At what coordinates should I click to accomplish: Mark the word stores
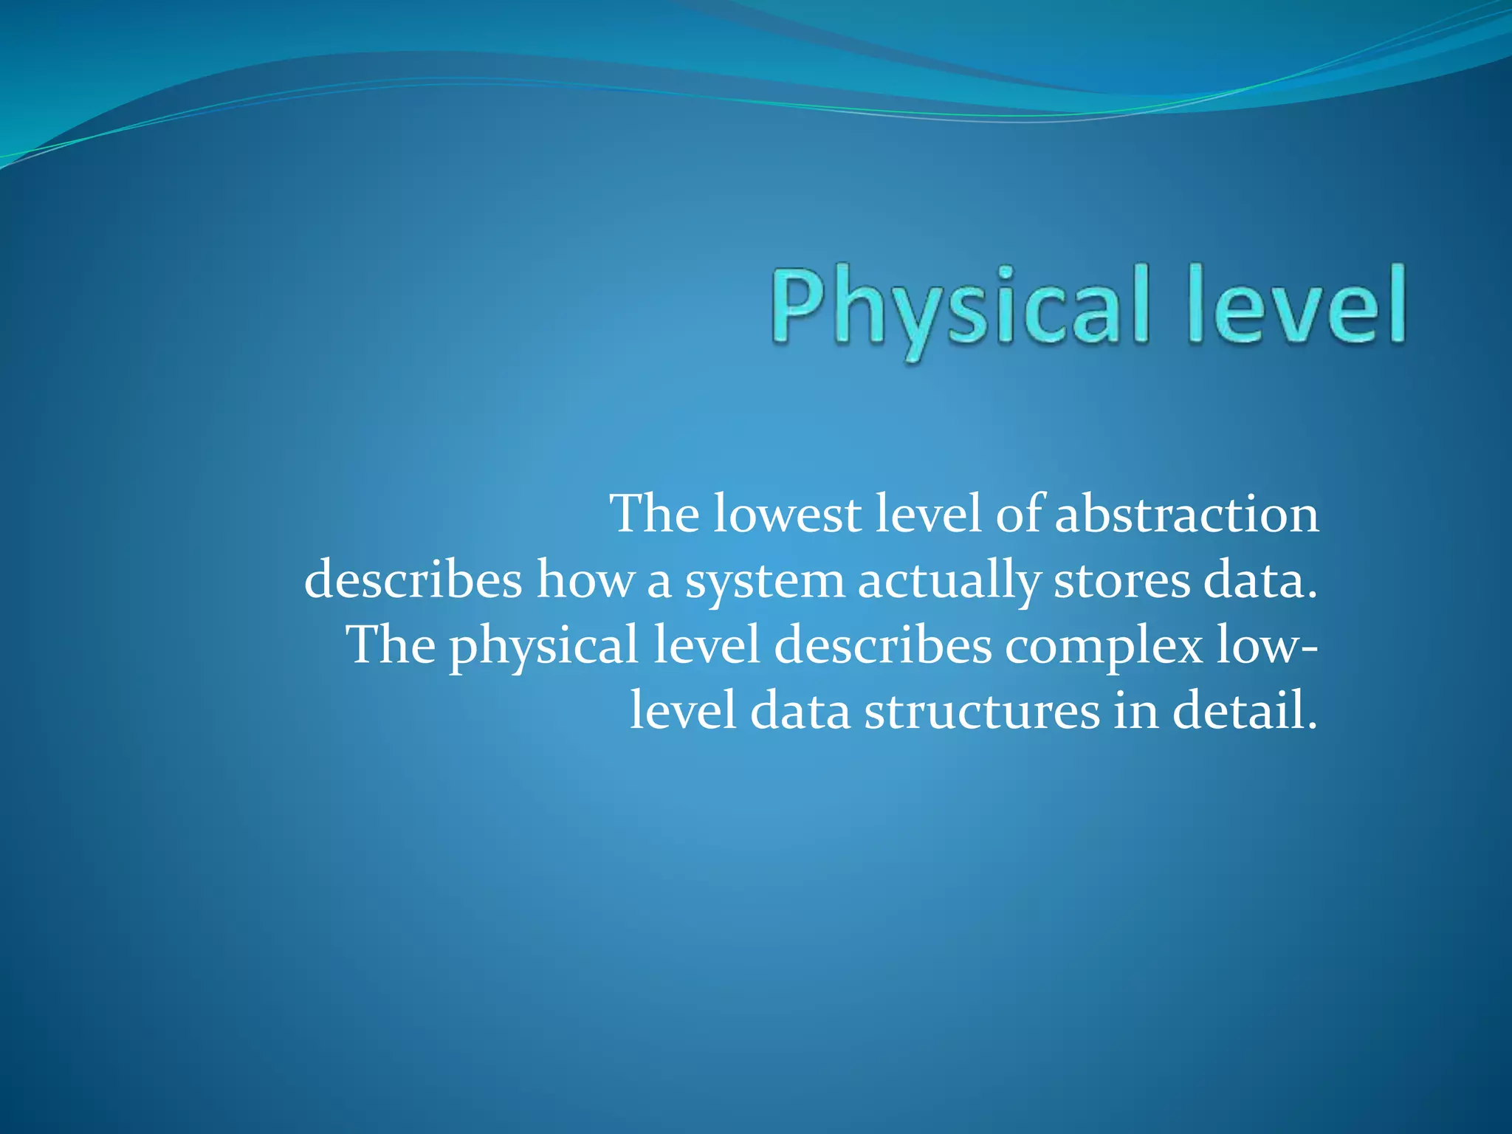pos(1122,580)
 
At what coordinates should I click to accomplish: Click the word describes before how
pos(413,580)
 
